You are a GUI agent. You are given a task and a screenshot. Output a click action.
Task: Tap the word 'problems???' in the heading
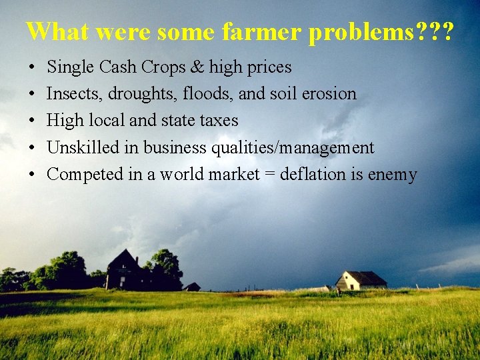[381, 31]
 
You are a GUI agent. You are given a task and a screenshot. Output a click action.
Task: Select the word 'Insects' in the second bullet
[69, 94]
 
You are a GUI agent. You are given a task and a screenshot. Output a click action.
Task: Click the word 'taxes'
[215, 121]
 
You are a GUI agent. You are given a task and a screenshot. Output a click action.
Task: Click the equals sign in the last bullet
[267, 175]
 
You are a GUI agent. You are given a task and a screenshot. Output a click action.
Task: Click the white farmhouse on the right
[360, 280]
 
